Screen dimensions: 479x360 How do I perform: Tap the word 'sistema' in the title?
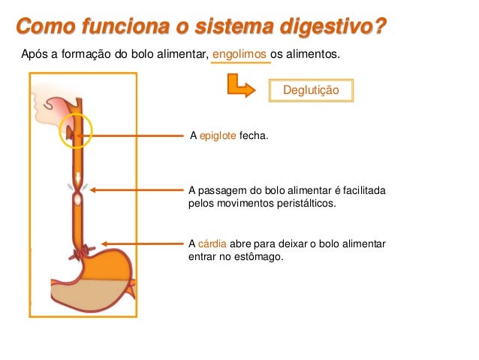[235, 28]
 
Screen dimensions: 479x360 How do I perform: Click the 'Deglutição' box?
[310, 90]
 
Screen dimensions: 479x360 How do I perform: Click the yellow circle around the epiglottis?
[75, 132]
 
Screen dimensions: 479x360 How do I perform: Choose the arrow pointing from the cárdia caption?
[143, 244]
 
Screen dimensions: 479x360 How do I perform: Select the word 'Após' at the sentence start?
[35, 55]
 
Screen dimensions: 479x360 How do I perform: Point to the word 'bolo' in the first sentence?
[130, 55]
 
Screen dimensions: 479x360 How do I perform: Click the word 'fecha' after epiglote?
[252, 136]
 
